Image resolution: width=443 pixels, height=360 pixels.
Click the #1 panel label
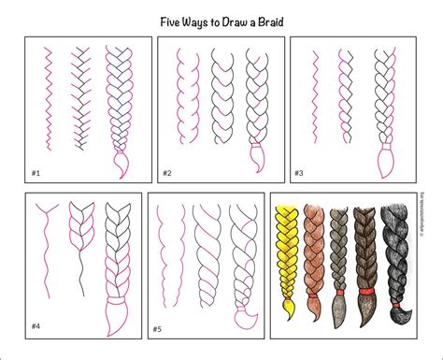(36, 173)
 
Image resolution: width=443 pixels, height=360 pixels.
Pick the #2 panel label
(167, 173)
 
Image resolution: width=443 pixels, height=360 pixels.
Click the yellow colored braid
(286, 252)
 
